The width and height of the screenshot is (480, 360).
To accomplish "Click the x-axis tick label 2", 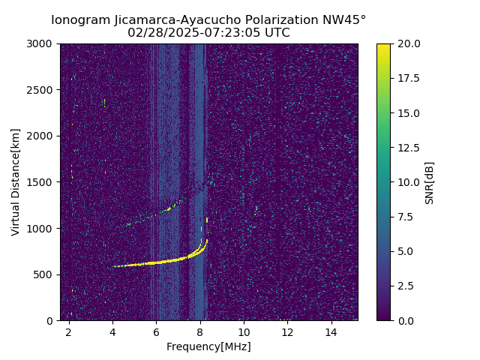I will click(69, 332).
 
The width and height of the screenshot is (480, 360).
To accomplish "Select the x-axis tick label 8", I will click(200, 332).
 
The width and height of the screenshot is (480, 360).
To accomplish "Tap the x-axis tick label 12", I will click(287, 332).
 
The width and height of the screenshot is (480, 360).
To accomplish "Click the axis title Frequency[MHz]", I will click(208, 346).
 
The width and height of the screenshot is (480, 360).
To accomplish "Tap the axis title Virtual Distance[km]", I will click(16, 182).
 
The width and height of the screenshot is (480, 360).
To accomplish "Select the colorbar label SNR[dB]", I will click(430, 182).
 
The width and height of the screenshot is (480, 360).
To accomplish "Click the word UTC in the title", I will click(276, 33).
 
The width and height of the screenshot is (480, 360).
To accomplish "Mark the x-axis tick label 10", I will click(244, 332).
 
